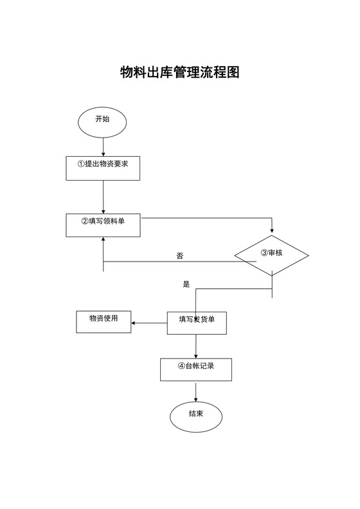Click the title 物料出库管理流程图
pyautogui.click(x=180, y=72)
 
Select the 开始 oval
pyautogui.click(x=102, y=120)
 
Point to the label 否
pyautogui.click(x=180, y=256)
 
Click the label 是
pyautogui.click(x=187, y=284)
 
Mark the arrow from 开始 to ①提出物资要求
pyautogui.click(x=103, y=146)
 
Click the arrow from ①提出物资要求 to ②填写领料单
pyautogui.click(x=103, y=196)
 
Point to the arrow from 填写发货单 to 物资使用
pyautogui.click(x=149, y=323)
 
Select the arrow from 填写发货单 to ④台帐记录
pyautogui.click(x=196, y=346)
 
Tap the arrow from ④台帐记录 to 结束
pyautogui.click(x=196, y=391)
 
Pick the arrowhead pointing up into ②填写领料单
pyautogui.click(x=103, y=240)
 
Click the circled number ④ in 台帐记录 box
pyautogui.click(x=181, y=366)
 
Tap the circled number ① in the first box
pyautogui.click(x=81, y=165)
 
